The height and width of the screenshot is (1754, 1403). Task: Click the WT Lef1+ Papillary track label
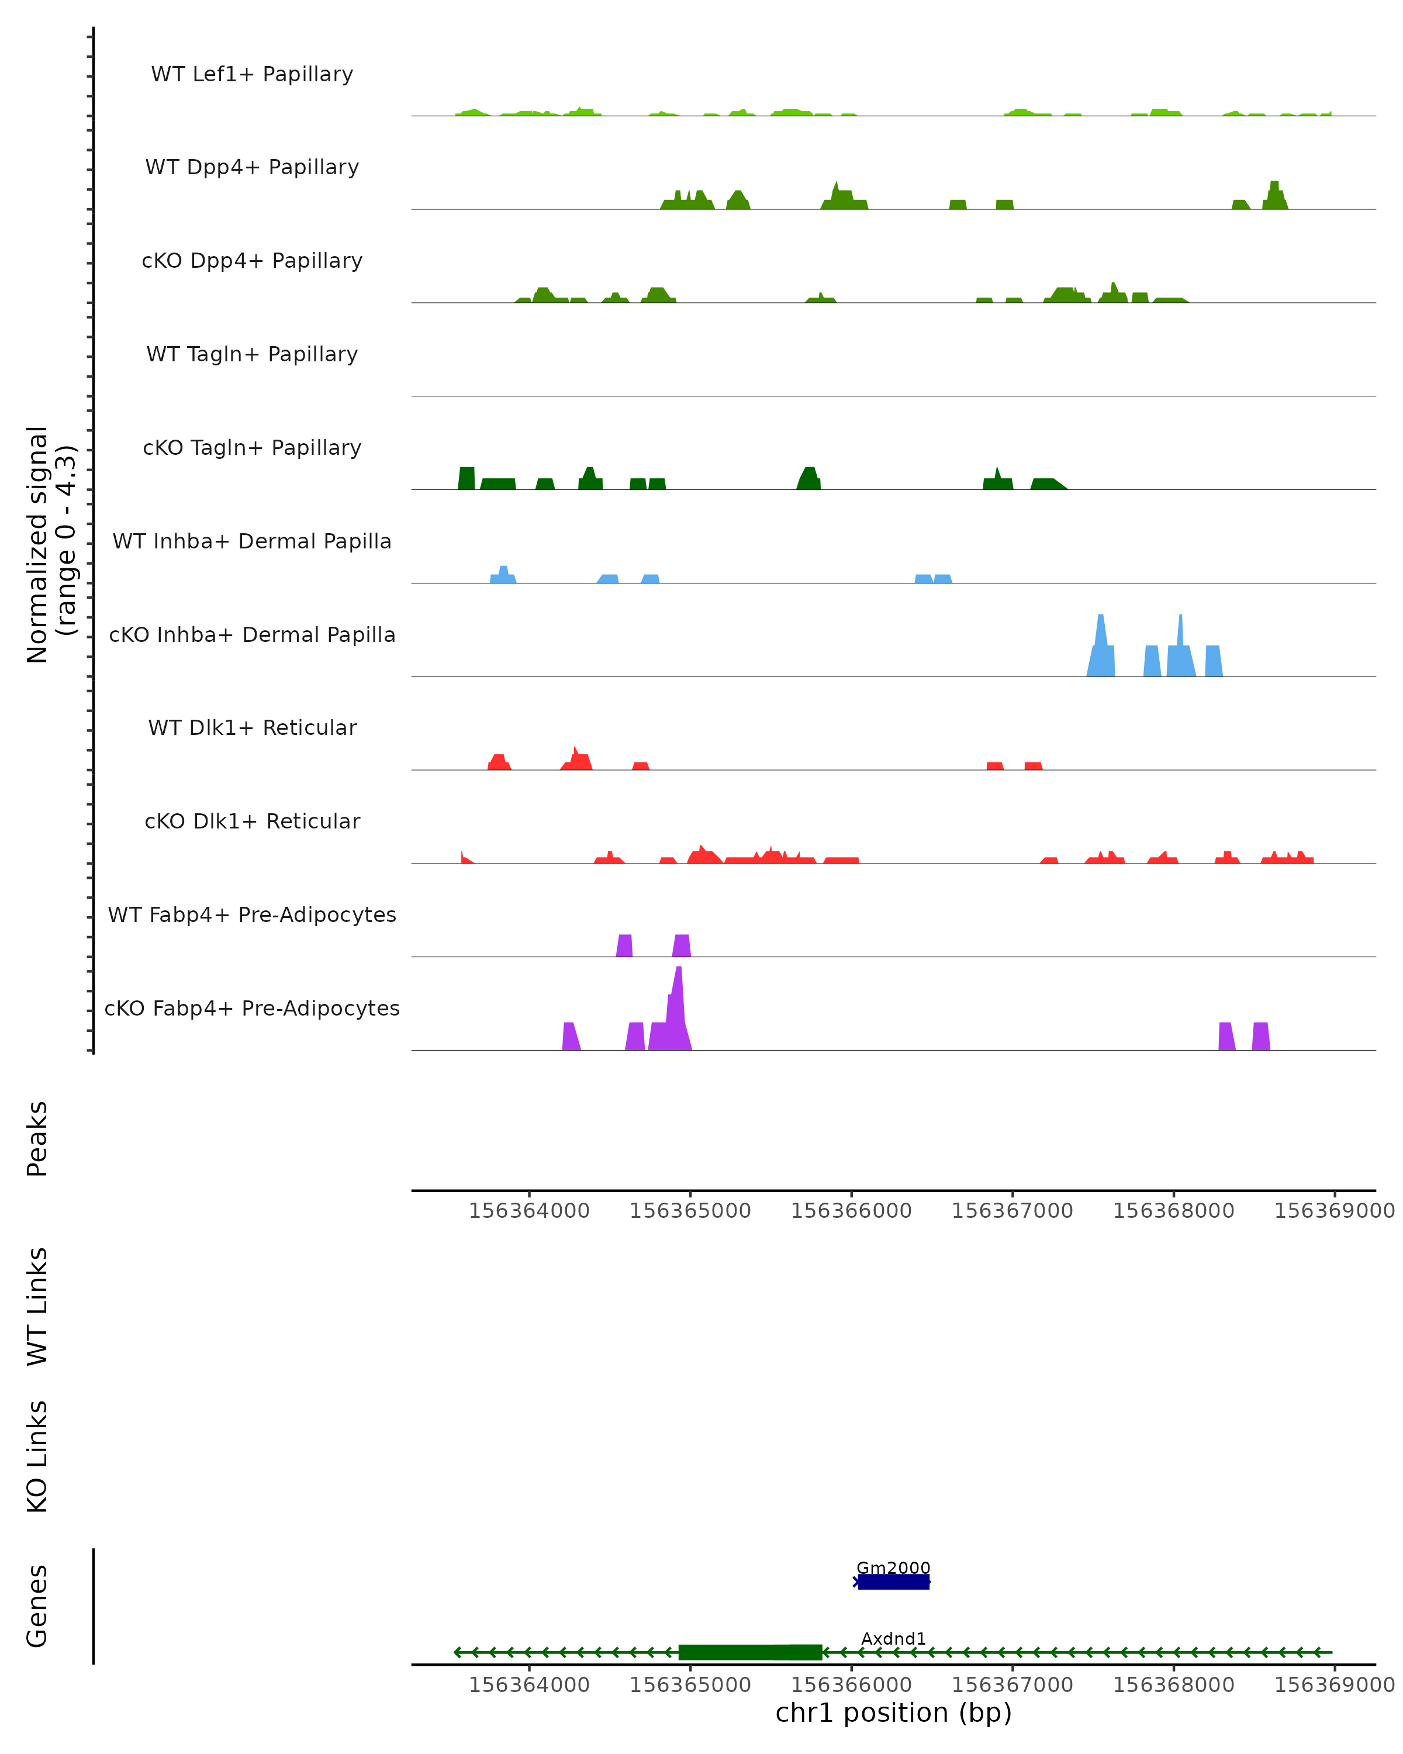[x=252, y=74]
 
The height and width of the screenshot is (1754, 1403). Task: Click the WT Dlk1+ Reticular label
[x=252, y=727]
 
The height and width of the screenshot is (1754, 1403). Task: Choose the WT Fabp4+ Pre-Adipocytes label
[x=252, y=914]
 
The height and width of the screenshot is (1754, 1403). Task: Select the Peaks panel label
[x=37, y=1138]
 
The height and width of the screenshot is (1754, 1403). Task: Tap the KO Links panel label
[x=37, y=1456]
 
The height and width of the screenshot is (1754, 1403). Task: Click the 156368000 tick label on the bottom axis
[x=1173, y=1685]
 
